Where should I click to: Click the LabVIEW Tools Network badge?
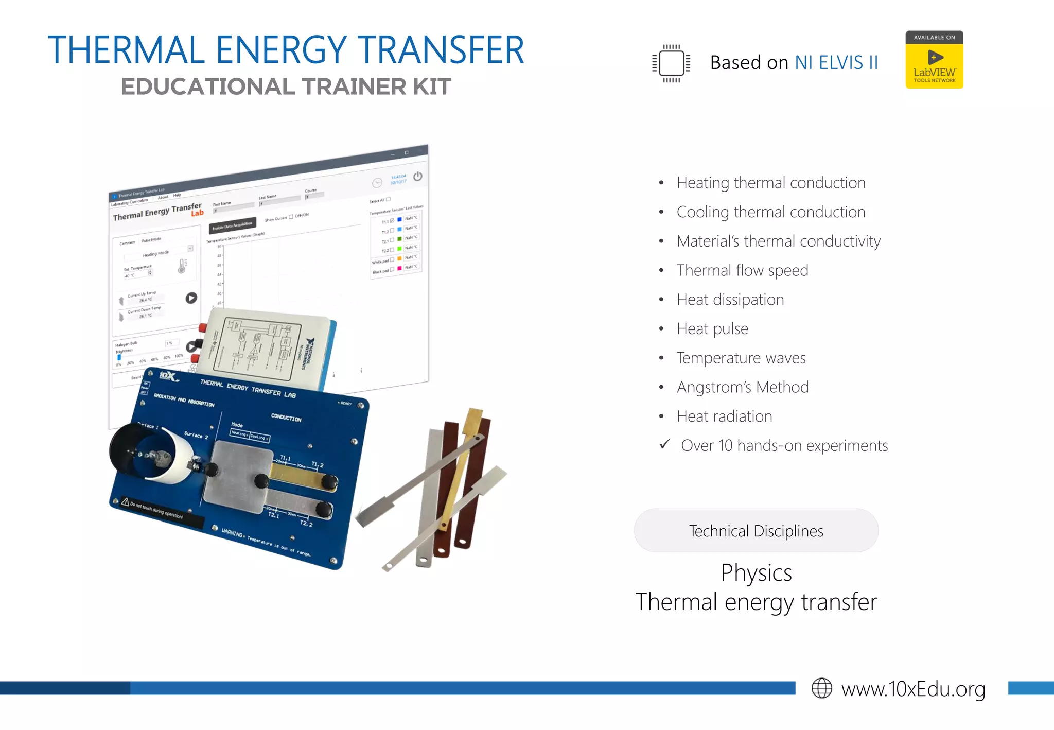(934, 60)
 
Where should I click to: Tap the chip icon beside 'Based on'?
(671, 63)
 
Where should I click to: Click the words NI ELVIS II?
(836, 63)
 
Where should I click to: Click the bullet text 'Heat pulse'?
(712, 329)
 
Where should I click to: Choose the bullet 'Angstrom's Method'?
(743, 387)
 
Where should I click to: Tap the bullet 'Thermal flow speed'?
(742, 270)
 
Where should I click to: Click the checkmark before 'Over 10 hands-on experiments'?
(665, 444)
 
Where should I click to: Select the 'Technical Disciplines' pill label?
(756, 531)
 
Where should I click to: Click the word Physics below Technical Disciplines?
(756, 573)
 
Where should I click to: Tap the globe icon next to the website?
(821, 688)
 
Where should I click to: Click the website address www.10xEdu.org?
(913, 689)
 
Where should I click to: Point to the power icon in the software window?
(418, 177)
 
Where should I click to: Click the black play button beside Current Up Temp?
(191, 298)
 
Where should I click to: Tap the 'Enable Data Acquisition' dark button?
(233, 225)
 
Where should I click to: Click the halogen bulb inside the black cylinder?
(157, 455)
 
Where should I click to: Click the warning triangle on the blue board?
(125, 501)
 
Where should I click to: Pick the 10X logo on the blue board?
(168, 376)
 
